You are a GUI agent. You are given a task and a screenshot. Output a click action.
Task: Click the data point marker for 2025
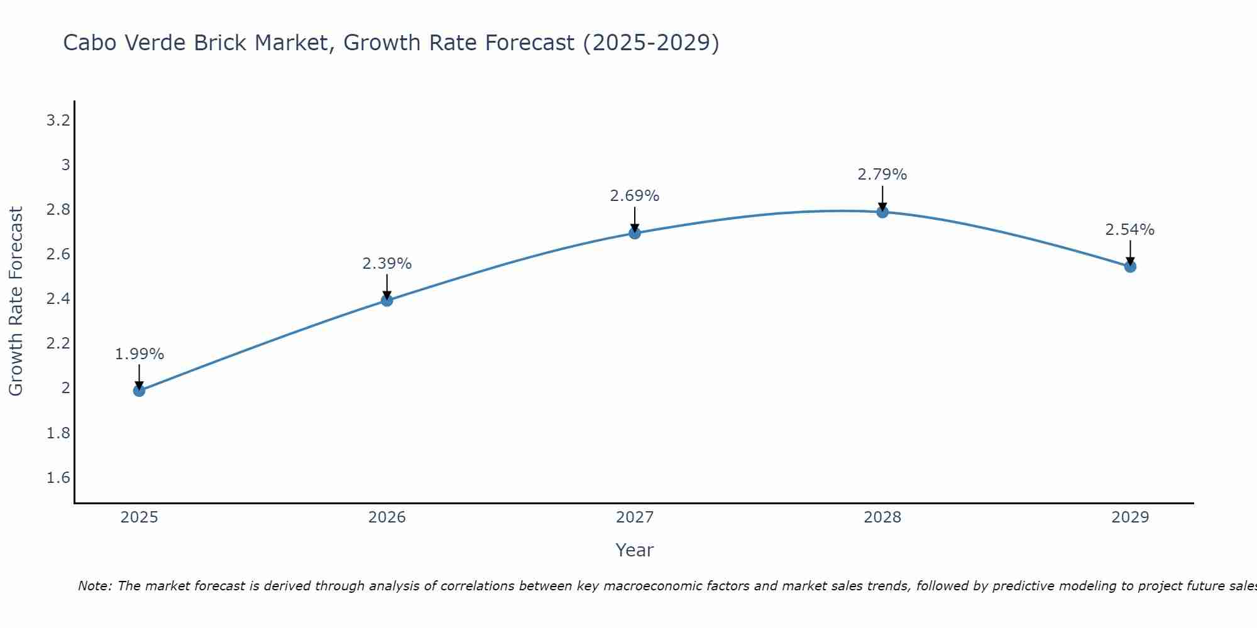pyautogui.click(x=139, y=391)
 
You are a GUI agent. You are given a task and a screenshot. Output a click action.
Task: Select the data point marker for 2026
pyautogui.click(x=387, y=301)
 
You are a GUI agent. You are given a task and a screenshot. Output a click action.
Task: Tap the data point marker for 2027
pyautogui.click(x=634, y=233)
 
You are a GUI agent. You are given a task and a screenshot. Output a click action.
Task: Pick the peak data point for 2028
pyautogui.click(x=882, y=212)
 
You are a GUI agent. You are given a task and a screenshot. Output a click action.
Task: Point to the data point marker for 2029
pyautogui.click(x=1129, y=267)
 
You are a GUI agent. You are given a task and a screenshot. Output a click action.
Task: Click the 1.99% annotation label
pyautogui.click(x=139, y=354)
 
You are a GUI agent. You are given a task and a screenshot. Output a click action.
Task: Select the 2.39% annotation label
pyautogui.click(x=387, y=264)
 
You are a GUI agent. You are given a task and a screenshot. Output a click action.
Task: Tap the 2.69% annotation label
pyautogui.click(x=634, y=196)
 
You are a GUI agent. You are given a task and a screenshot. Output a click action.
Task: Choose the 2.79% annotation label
pyautogui.click(x=882, y=175)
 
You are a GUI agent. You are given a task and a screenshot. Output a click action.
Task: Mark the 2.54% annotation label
pyautogui.click(x=1129, y=230)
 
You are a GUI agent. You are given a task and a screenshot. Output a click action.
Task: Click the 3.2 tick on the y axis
pyautogui.click(x=58, y=121)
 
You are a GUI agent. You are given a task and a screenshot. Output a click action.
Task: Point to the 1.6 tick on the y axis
pyautogui.click(x=58, y=478)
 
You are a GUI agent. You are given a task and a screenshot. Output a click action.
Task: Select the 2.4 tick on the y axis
pyautogui.click(x=58, y=299)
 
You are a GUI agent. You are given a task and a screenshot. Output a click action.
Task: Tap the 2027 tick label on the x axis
pyautogui.click(x=634, y=517)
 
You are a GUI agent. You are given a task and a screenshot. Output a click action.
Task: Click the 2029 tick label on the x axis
pyautogui.click(x=1129, y=517)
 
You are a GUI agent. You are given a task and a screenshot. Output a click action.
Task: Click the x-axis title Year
pyautogui.click(x=634, y=550)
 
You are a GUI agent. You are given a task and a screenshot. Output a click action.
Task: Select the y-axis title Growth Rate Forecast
pyautogui.click(x=16, y=301)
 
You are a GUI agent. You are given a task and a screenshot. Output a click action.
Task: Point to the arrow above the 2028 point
pyautogui.click(x=882, y=198)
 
